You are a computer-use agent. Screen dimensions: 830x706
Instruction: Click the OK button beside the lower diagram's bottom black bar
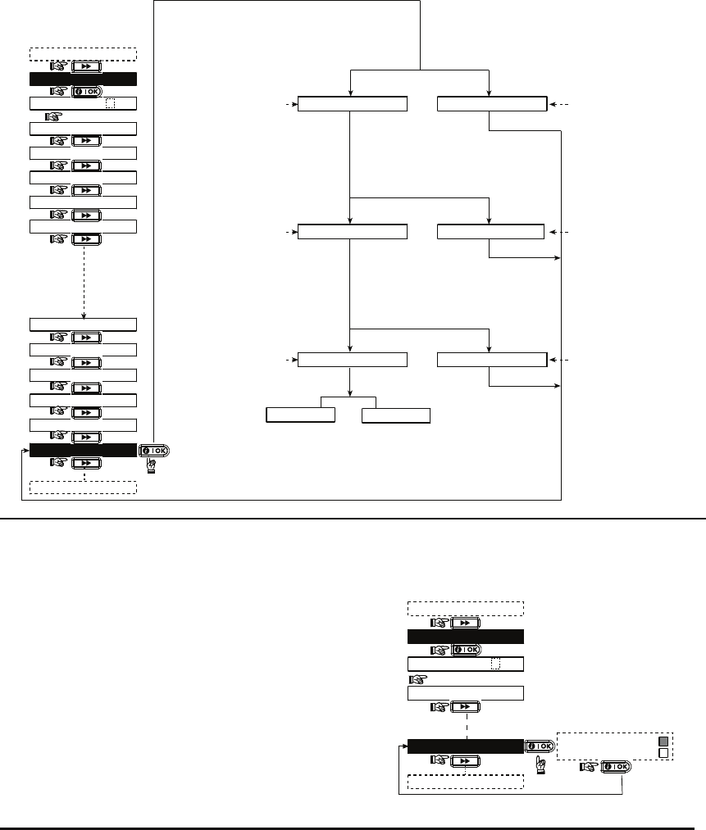point(540,746)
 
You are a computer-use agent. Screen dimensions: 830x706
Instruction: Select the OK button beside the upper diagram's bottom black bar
point(156,451)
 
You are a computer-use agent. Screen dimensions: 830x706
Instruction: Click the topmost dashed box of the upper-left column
point(83,55)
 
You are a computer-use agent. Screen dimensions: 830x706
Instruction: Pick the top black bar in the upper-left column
point(83,79)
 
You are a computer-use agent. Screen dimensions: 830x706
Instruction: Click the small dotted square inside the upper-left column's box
point(111,104)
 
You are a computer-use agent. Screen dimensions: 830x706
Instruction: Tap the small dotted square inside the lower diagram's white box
point(494,664)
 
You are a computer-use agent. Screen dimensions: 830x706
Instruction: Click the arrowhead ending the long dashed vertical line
point(85,313)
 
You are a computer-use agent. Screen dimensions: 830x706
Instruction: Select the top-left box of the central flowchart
point(352,104)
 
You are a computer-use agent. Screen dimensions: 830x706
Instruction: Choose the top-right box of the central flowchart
point(491,104)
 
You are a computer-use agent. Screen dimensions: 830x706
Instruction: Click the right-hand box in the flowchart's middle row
point(491,231)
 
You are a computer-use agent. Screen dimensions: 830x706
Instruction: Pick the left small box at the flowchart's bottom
point(301,415)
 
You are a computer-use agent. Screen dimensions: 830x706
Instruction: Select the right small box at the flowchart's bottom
point(396,415)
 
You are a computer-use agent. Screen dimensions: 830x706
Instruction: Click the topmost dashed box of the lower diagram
point(466,608)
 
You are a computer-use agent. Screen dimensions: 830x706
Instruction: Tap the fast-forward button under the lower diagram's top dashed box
point(465,623)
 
